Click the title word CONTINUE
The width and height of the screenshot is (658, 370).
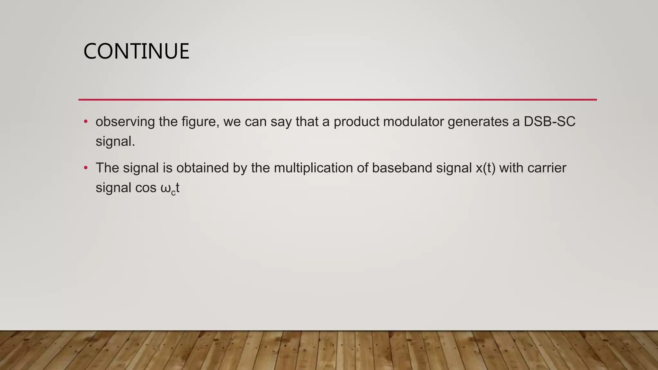(x=136, y=51)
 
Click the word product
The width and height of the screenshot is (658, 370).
(x=357, y=122)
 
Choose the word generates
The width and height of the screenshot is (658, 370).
(x=478, y=122)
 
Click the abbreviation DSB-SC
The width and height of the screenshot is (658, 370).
(x=549, y=122)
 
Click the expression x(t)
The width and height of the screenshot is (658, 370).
(x=485, y=168)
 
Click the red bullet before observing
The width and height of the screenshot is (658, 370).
(x=85, y=122)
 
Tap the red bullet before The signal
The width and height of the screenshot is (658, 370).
(x=85, y=168)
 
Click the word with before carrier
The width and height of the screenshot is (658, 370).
(x=511, y=168)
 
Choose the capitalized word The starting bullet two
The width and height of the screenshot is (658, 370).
(x=107, y=168)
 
